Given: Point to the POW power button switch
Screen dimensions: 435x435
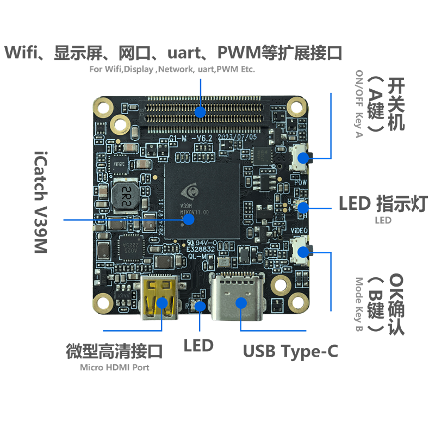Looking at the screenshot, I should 301,157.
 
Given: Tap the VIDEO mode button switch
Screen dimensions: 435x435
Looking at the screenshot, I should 301,251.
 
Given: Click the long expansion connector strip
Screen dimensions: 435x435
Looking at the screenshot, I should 202,113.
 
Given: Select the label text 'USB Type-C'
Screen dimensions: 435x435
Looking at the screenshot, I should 290,351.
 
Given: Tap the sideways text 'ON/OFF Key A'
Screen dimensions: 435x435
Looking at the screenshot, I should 358,104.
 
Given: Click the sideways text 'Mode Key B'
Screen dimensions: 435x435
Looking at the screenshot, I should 358,305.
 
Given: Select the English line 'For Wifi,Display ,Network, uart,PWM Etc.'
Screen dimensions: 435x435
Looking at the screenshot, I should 172,70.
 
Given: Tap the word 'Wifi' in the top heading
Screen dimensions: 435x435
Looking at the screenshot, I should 20,53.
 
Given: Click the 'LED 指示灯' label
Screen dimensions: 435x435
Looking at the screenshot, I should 383,204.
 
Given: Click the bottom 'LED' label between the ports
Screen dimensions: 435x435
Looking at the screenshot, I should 198,345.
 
